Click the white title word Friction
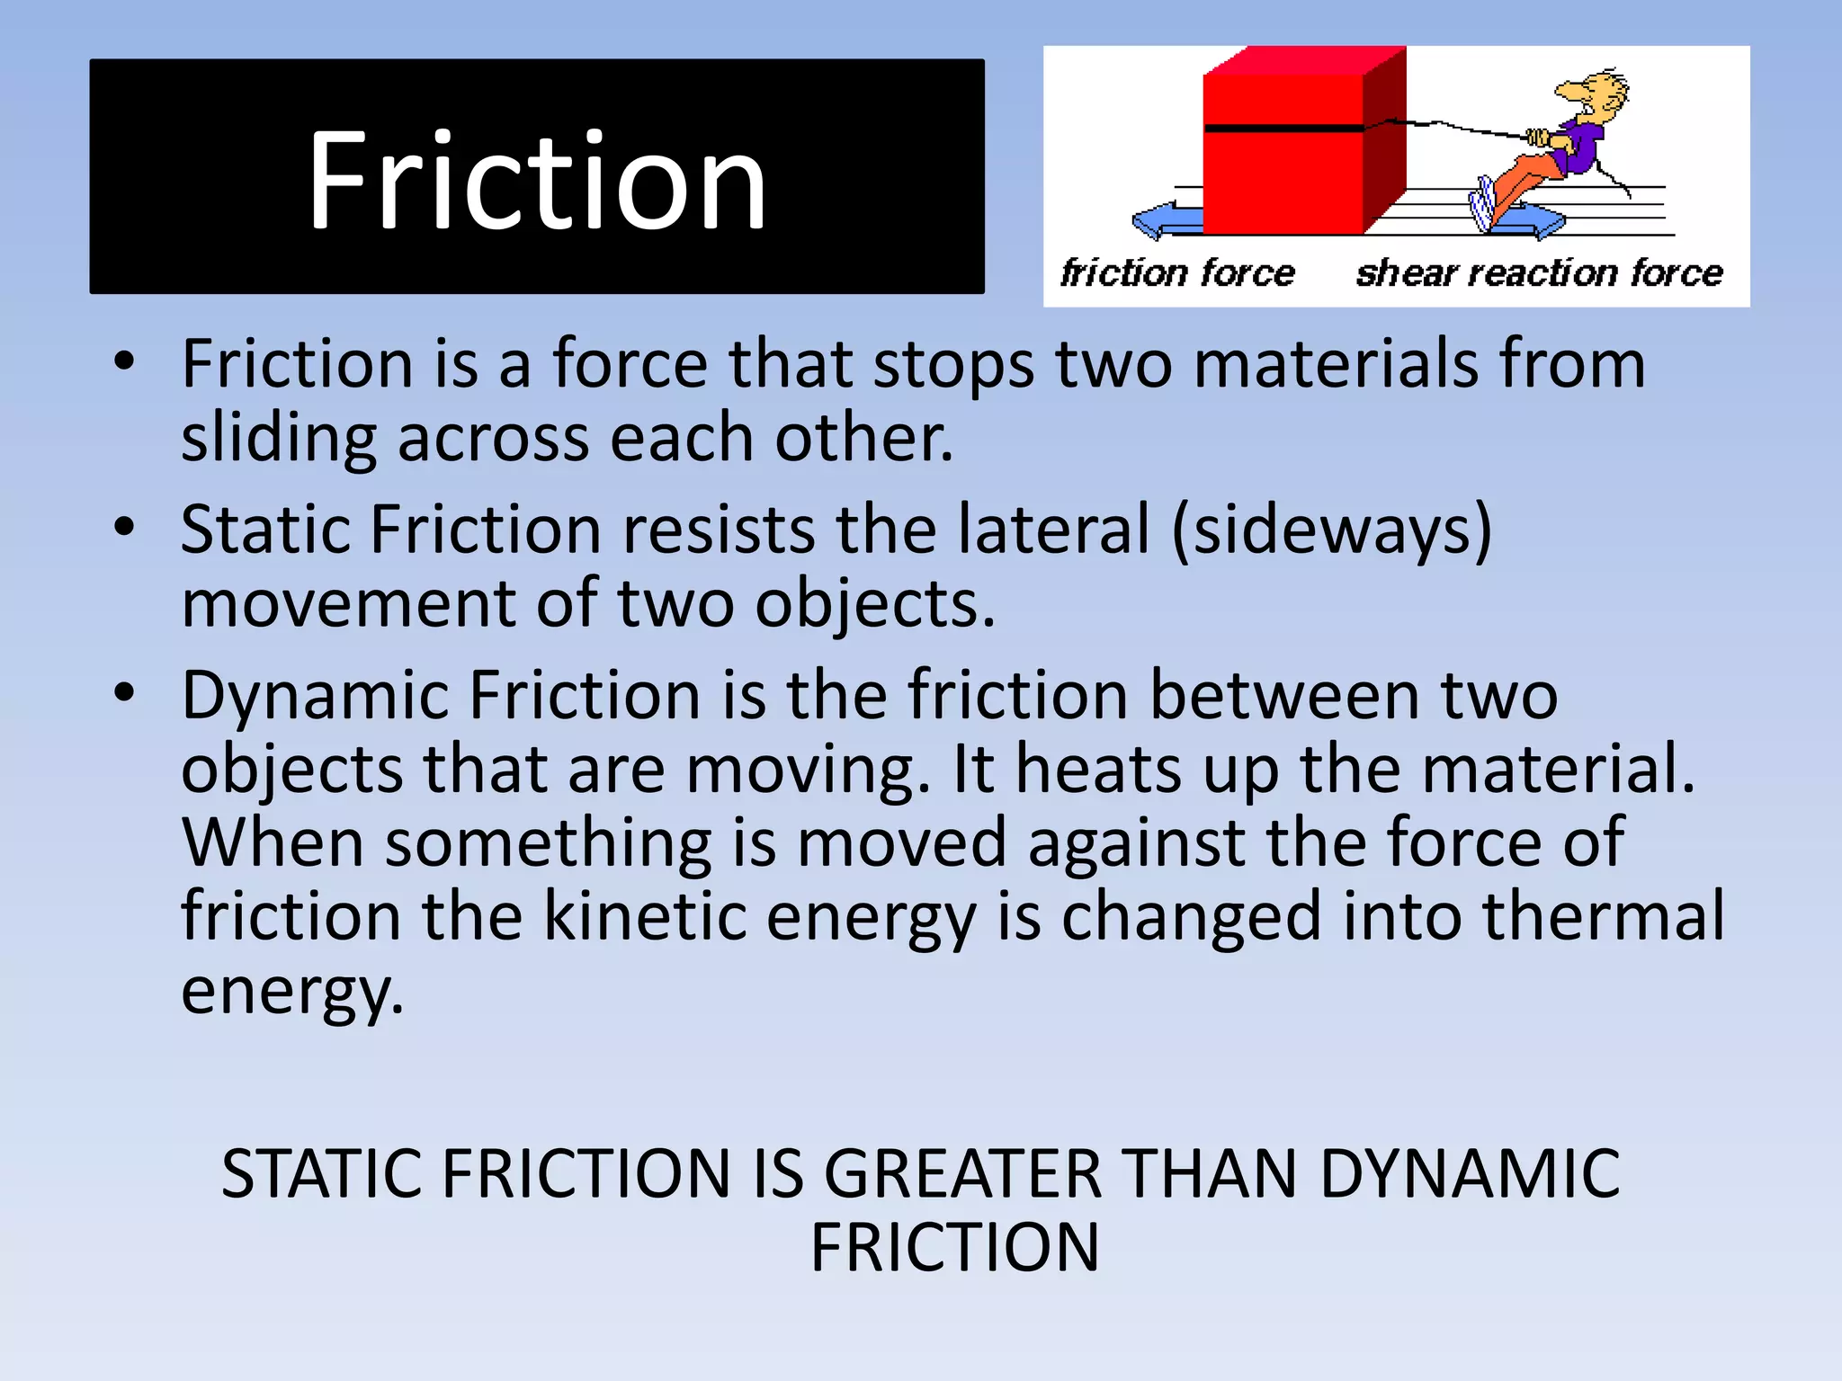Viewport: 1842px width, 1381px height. [x=536, y=181]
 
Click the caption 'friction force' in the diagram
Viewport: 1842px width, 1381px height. [x=1177, y=273]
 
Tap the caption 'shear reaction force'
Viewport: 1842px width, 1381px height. [x=1539, y=273]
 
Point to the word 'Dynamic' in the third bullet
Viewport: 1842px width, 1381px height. [x=315, y=697]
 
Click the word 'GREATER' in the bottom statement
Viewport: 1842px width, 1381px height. [x=962, y=1174]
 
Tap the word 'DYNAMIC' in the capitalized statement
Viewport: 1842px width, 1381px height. [x=1470, y=1174]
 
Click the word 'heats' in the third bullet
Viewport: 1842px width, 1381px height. [x=1098, y=770]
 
